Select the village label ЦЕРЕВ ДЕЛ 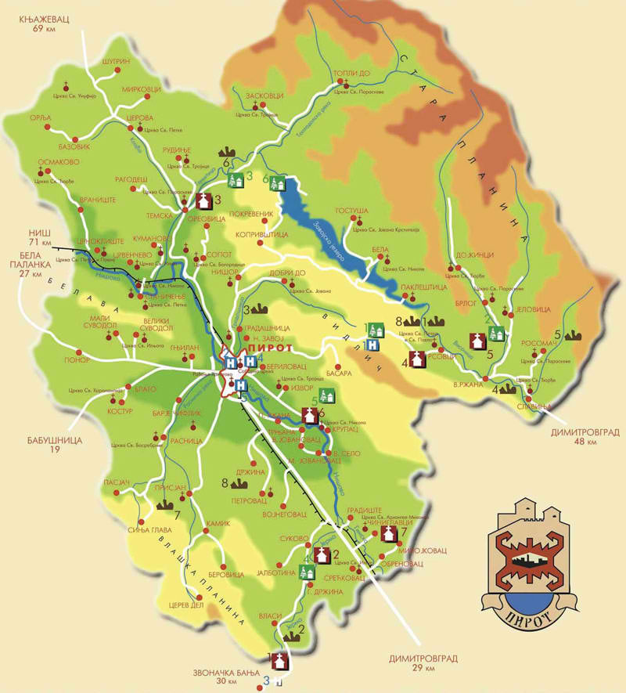click(185, 605)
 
